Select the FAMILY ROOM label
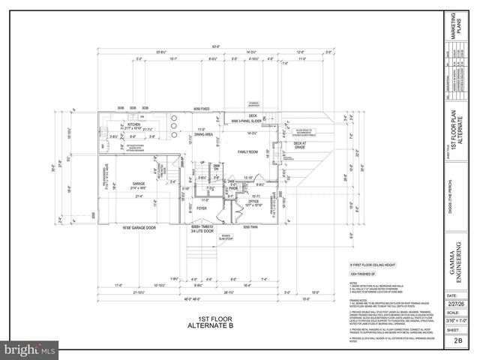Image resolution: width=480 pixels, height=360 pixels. (x=249, y=152)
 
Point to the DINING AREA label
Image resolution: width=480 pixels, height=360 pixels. (x=205, y=135)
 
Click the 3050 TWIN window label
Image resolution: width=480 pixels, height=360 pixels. (x=250, y=226)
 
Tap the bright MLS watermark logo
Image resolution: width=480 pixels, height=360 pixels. (x=30, y=349)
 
